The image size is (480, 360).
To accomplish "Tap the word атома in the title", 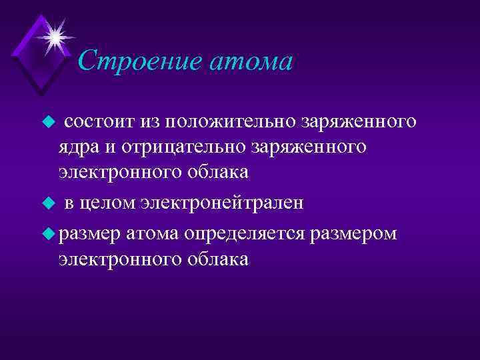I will click(x=250, y=62).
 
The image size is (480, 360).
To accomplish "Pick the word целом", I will click(x=110, y=203).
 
